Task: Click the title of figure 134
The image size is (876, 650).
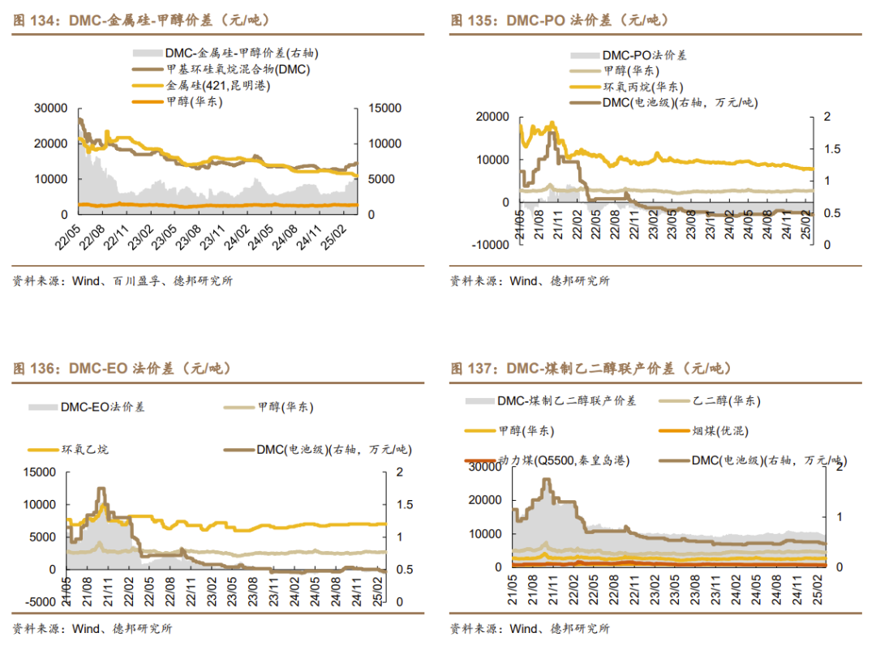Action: [142, 20]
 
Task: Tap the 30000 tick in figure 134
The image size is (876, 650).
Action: [50, 108]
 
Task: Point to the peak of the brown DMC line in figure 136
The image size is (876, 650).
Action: [101, 489]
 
